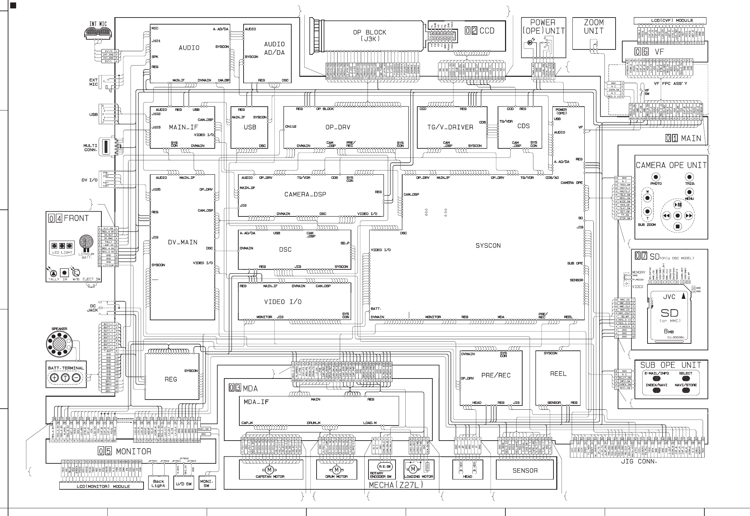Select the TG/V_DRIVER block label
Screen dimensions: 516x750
coord(450,127)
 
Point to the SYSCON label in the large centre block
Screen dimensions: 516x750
coord(488,246)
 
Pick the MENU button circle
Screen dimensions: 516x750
coord(689,192)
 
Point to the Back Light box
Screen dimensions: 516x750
coord(158,483)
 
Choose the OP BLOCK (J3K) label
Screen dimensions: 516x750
coord(370,35)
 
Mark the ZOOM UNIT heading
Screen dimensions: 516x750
coord(594,27)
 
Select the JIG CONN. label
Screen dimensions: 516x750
coord(639,462)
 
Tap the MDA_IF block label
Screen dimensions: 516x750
coord(256,402)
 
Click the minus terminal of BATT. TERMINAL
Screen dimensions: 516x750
coord(77,377)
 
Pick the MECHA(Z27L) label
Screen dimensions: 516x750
coord(396,485)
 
